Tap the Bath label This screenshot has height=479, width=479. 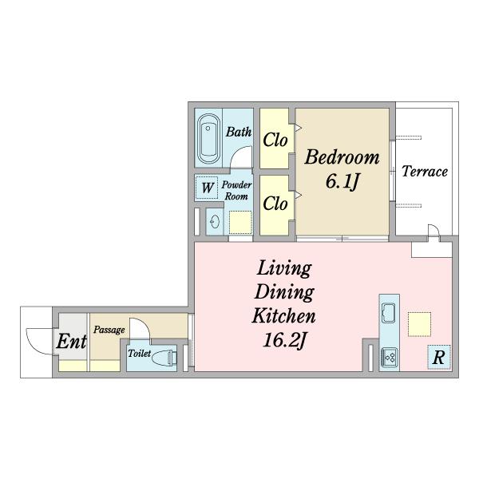click(x=239, y=132)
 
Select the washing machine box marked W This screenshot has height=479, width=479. click(x=207, y=188)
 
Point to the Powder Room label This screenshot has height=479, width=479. click(x=236, y=190)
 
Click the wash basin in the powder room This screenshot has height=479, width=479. click(x=215, y=221)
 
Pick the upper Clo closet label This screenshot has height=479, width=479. click(x=275, y=141)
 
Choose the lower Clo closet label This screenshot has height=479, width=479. click(x=275, y=204)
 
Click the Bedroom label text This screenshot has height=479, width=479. click(x=342, y=157)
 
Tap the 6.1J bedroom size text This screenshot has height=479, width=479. click(x=342, y=181)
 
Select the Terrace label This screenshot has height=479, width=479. click(x=425, y=172)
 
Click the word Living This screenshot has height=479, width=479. click(x=284, y=269)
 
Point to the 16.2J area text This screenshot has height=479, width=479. click(x=284, y=340)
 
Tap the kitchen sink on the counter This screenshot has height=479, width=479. click(x=389, y=313)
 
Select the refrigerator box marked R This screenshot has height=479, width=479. click(x=439, y=357)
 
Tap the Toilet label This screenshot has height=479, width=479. click(x=139, y=354)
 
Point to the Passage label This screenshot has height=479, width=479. click(x=109, y=330)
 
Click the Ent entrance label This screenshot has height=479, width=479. click(x=72, y=342)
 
